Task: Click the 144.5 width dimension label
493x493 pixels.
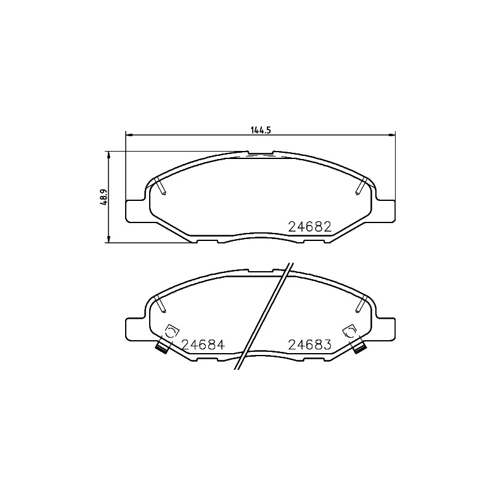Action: (x=261, y=130)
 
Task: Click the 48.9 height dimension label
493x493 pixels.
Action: (x=104, y=197)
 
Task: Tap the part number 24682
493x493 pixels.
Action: (x=310, y=226)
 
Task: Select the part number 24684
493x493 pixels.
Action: (x=203, y=345)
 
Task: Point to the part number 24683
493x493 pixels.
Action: (x=310, y=345)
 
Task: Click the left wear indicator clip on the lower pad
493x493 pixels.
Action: (x=162, y=346)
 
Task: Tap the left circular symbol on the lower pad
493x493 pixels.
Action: (x=171, y=332)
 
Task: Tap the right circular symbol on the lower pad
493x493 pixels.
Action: (x=350, y=332)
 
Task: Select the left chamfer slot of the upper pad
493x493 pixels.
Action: (x=161, y=187)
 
